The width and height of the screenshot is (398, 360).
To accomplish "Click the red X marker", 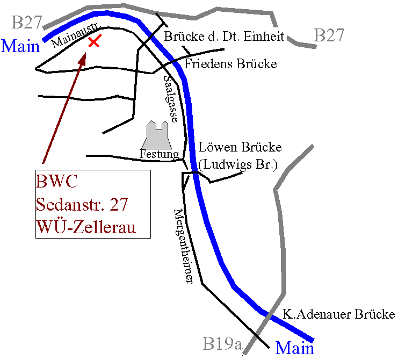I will tap(94, 41).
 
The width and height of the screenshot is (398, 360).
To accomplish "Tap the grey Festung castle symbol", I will tap(156, 134).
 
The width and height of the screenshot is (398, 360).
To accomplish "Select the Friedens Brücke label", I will tap(230, 64).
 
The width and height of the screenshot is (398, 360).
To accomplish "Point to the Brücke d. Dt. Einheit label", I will tap(225, 37).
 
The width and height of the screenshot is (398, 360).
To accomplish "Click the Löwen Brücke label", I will tap(240, 147).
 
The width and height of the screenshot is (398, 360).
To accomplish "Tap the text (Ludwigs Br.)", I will tap(237, 164).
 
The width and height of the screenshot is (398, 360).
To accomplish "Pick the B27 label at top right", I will tap(329, 35).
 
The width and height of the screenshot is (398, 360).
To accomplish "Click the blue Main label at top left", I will tap(21, 46).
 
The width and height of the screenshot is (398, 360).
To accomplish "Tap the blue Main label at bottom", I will tap(295, 348).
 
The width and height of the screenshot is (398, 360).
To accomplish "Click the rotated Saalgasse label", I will tap(170, 98).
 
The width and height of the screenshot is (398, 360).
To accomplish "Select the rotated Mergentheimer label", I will tap(183, 244).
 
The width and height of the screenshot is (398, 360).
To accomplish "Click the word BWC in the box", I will tap(57, 181).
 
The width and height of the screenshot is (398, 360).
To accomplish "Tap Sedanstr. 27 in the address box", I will tap(84, 204).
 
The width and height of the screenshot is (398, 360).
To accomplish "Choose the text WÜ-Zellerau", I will tap(86, 227).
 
